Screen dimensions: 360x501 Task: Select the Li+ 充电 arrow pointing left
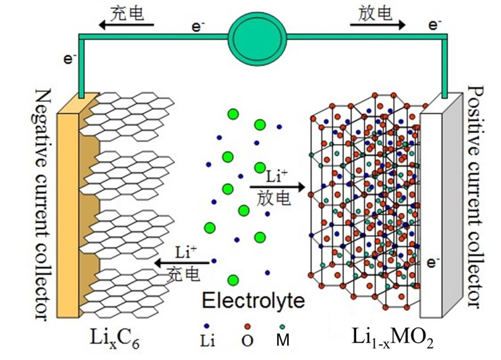tap(182, 262)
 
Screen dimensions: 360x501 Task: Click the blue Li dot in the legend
tap(206, 325)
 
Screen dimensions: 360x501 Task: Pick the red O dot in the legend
tap(247, 325)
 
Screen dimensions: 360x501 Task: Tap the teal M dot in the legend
tap(281, 325)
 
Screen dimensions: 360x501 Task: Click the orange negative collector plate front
tap(67, 214)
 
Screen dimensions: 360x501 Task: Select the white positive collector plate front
tap(430, 214)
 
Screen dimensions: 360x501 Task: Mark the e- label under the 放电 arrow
tap(435, 25)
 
